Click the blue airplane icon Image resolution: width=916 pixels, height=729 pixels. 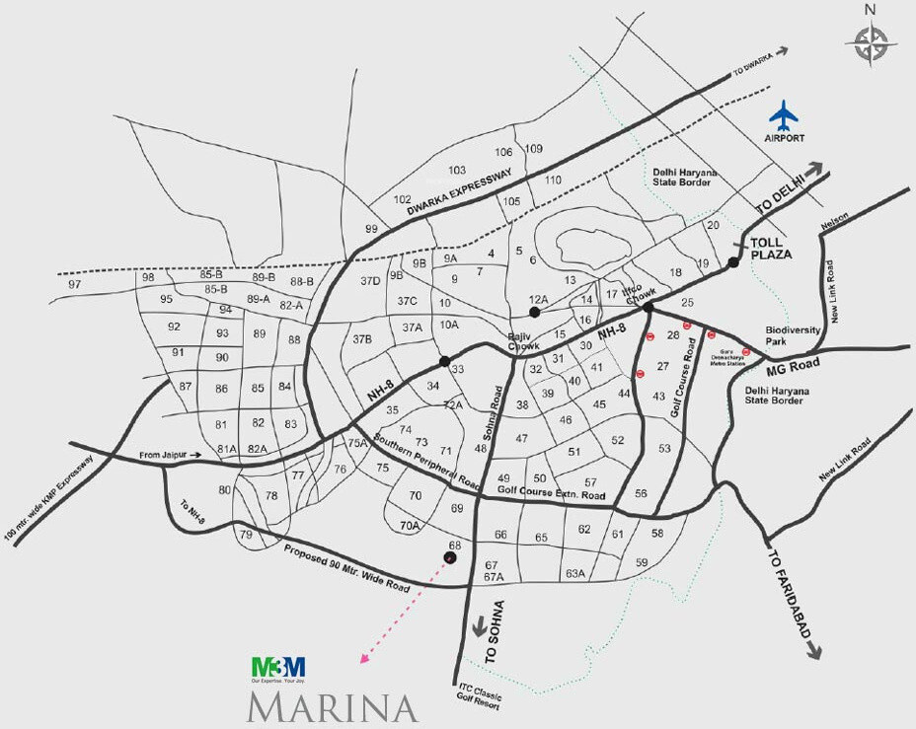786,115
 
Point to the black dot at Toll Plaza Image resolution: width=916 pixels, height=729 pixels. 732,262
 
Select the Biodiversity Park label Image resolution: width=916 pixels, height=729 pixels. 794,336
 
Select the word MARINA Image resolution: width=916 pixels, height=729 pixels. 331,707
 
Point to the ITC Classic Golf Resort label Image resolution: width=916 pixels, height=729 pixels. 480,695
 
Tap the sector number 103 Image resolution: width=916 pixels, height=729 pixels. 456,171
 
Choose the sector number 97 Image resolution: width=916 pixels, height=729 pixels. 75,284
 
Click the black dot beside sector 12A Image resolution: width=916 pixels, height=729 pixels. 534,312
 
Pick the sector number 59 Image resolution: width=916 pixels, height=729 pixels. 642,563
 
